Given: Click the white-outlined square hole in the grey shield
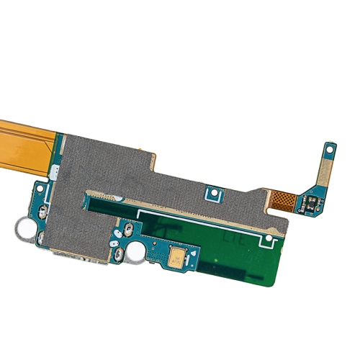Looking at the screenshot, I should [212, 194].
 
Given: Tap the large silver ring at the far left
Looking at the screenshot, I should [24, 229].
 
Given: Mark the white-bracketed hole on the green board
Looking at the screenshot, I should [269, 238].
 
